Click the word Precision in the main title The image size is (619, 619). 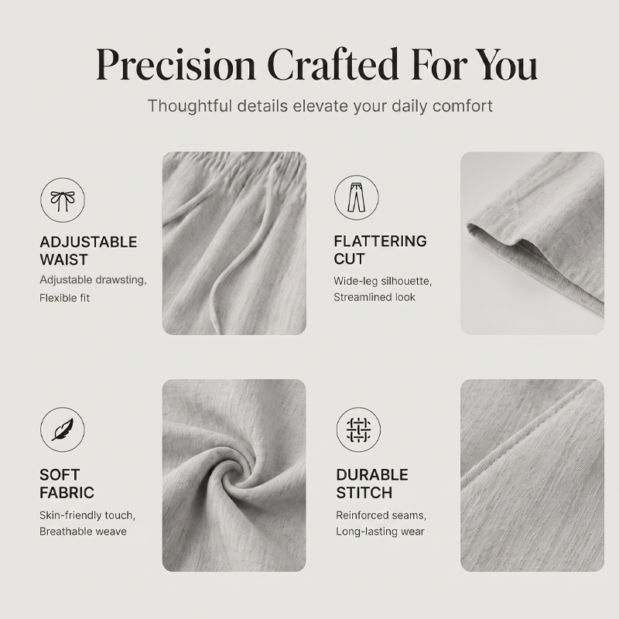click(176, 64)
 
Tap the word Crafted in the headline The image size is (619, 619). click(333, 64)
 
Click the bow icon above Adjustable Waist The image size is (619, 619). click(63, 200)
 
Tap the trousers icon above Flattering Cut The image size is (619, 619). click(357, 197)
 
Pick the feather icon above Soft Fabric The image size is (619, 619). click(63, 429)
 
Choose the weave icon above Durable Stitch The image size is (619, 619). click(358, 429)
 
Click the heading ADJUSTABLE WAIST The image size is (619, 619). click(88, 251)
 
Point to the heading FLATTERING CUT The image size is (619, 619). click(380, 250)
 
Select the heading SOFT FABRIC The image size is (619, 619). click(67, 484)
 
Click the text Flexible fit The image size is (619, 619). click(65, 298)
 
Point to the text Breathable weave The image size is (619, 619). click(83, 532)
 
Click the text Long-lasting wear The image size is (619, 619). click(380, 532)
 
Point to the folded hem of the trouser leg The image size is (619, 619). click(513, 237)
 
